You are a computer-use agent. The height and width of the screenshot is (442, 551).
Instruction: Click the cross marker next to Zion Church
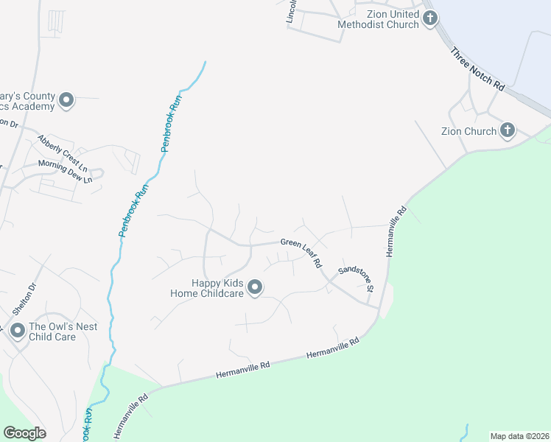click(507, 131)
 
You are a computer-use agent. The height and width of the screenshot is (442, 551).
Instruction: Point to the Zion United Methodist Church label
click(378, 18)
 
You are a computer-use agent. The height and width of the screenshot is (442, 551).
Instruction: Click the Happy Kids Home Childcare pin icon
click(255, 287)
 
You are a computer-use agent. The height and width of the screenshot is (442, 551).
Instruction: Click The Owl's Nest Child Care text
click(63, 331)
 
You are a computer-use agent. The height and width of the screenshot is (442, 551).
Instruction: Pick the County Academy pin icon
click(66, 100)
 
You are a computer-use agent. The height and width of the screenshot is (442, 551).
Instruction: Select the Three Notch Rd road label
click(477, 69)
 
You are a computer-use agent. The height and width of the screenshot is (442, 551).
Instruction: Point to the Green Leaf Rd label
click(301, 251)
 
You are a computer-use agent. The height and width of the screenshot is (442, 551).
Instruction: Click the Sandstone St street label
click(357, 278)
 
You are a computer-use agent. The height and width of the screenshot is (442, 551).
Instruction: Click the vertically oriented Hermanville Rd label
click(396, 231)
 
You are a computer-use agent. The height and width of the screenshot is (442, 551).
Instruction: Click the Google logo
click(24, 432)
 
